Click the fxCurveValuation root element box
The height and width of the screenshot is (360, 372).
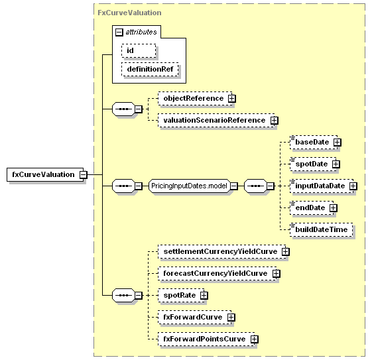pos(45,175)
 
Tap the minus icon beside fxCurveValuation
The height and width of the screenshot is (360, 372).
pos(84,175)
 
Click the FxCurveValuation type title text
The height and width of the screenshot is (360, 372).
pos(129,13)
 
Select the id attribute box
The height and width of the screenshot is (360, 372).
pos(139,50)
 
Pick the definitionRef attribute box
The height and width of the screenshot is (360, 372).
pos(150,69)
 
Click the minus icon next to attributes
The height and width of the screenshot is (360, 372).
pos(119,32)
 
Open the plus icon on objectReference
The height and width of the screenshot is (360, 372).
pos(232,98)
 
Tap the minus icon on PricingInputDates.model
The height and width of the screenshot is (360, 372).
pos(233,186)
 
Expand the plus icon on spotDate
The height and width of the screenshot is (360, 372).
pos(336,164)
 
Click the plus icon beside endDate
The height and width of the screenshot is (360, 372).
pos(334,208)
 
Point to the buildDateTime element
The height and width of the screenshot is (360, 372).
pos(321,229)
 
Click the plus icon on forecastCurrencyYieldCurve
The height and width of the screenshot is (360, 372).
pos(276,273)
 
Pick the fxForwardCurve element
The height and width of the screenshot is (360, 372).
pos(195,318)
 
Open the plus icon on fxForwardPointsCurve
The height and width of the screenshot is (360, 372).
pos(255,339)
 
